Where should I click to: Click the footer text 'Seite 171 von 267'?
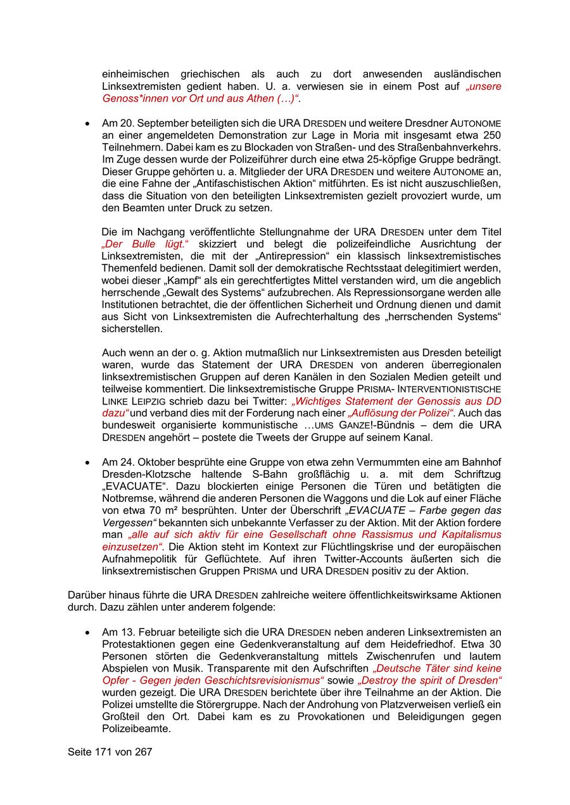click(x=110, y=752)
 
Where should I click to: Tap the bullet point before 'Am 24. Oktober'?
click(x=87, y=462)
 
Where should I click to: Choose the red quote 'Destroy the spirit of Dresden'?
click(x=430, y=680)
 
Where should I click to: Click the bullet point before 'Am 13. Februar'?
click(x=87, y=632)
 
